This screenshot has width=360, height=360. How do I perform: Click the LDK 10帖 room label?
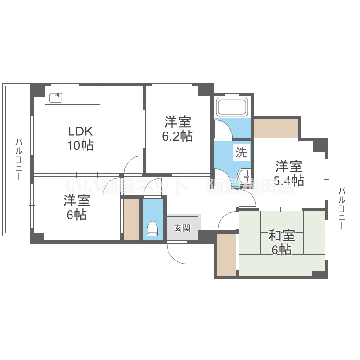[80, 138]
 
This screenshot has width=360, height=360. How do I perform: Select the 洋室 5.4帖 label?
[289, 173]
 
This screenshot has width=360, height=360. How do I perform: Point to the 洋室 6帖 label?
[77, 208]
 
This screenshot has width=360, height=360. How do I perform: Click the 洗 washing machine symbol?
[241, 153]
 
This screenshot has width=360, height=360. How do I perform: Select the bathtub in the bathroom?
[232, 107]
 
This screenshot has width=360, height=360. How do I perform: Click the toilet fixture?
[153, 228]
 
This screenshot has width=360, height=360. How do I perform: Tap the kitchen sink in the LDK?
[57, 96]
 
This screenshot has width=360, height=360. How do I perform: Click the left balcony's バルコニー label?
[18, 159]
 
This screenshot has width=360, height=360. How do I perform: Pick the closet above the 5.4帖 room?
[276, 128]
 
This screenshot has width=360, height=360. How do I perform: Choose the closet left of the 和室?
[226, 254]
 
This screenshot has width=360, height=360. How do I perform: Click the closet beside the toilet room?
[131, 219]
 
